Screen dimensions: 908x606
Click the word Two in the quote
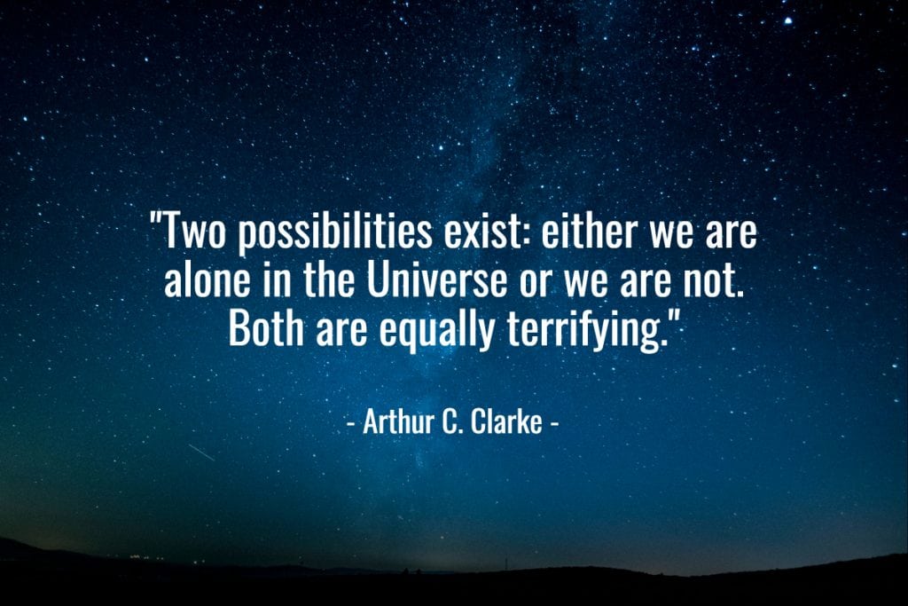(195, 231)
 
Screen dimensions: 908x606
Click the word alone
(207, 279)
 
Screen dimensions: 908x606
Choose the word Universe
(436, 279)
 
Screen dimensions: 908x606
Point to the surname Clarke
(506, 421)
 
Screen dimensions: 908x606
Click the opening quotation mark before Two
(155, 219)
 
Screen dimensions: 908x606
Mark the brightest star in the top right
(788, 21)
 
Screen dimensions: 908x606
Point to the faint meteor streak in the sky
(201, 453)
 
